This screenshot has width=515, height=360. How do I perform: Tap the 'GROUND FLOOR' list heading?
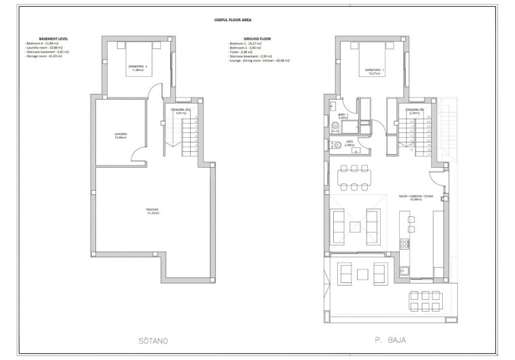tap(243, 39)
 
